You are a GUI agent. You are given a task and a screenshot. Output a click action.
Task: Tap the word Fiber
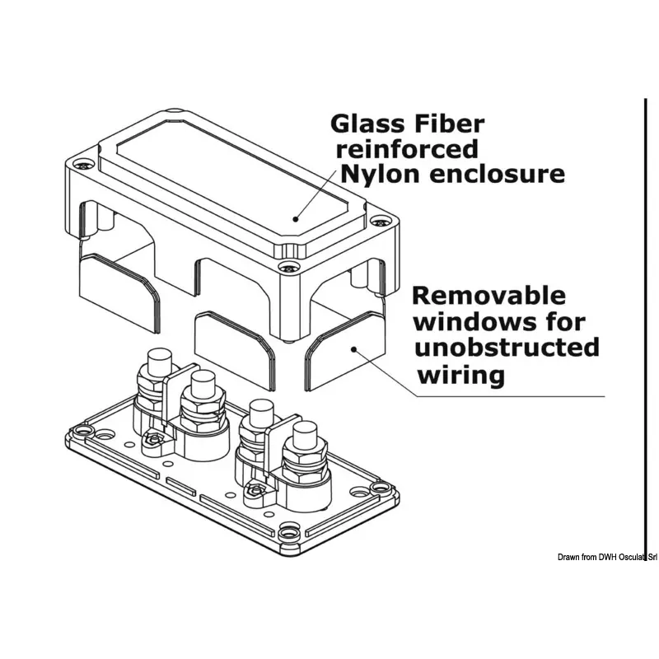pos(451,124)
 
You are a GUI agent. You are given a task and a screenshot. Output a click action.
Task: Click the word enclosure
pos(500,174)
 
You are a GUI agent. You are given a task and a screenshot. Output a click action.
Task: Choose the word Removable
pos(488,296)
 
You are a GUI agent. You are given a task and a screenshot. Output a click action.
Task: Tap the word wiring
pos(460,375)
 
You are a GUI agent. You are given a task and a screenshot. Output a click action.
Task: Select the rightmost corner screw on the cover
pos(379,221)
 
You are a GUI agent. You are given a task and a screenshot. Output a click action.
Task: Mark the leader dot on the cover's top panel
pos(294,219)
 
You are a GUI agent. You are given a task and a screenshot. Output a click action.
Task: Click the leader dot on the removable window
pos(353,348)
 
